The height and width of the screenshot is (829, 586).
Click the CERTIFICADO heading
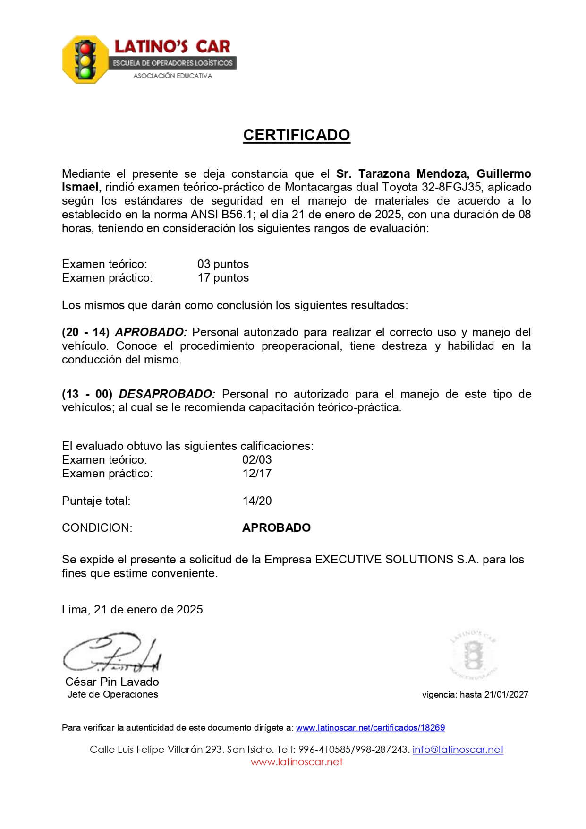297,135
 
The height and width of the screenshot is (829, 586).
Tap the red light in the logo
85,48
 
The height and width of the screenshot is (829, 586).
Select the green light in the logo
85,72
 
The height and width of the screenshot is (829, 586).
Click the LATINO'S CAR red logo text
172,46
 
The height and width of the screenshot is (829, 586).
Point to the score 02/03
257,459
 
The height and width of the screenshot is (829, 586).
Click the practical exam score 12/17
257,473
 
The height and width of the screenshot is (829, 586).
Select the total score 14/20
257,501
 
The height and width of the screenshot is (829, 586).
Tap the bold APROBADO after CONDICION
276,527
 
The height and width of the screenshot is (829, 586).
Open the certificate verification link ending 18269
370,727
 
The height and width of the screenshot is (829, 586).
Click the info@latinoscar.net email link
458,749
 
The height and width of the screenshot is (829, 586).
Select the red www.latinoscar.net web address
297,761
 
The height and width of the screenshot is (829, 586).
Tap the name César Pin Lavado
112,682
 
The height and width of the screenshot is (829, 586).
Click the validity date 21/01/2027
505,694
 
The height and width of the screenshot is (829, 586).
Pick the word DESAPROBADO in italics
167,394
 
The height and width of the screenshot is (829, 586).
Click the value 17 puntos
223,277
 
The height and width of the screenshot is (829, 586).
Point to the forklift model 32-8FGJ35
451,187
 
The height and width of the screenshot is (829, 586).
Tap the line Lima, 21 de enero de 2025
132,609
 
